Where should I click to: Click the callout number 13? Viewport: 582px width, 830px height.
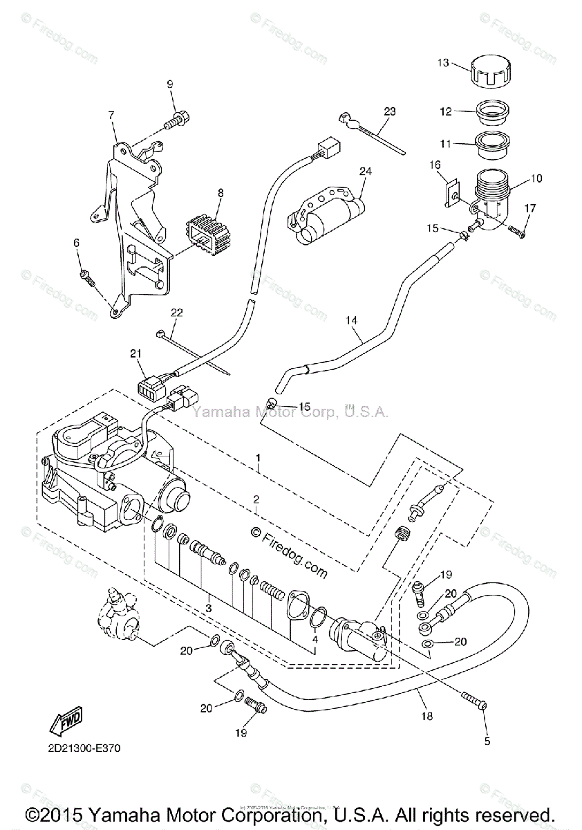tap(442, 63)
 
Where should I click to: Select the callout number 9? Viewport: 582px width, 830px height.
tap(169, 84)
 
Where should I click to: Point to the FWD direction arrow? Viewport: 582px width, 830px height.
tap(65, 723)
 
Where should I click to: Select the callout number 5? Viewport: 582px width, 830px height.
tap(487, 742)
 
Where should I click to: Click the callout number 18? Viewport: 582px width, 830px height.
tap(427, 716)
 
